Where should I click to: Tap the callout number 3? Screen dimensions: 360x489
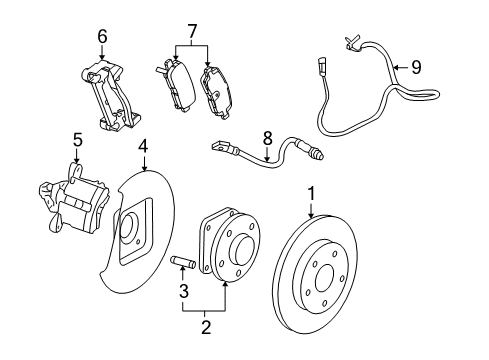point(182,319)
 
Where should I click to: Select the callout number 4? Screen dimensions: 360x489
point(143,146)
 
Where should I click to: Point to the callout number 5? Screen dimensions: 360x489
point(76,139)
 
